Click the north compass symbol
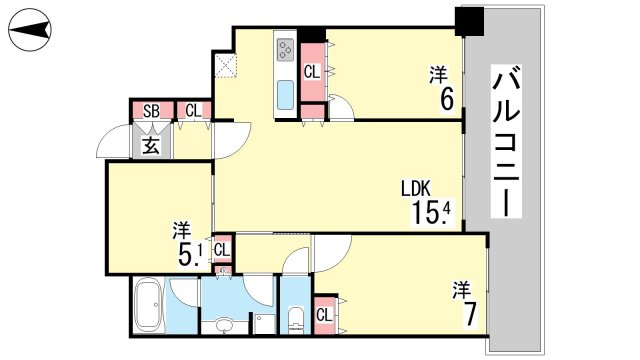30,30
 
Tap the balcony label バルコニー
506,141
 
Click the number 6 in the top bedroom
446,99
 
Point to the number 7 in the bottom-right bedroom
469,314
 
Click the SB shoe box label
151,111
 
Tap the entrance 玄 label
151,145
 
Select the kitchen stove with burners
285,50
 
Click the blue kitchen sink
285,95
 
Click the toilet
295,320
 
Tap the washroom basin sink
224,326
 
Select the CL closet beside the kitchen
312,72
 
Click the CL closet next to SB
193,111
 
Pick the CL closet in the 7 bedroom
324,315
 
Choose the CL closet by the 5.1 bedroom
222,249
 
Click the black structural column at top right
469,21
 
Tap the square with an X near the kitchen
226,65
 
